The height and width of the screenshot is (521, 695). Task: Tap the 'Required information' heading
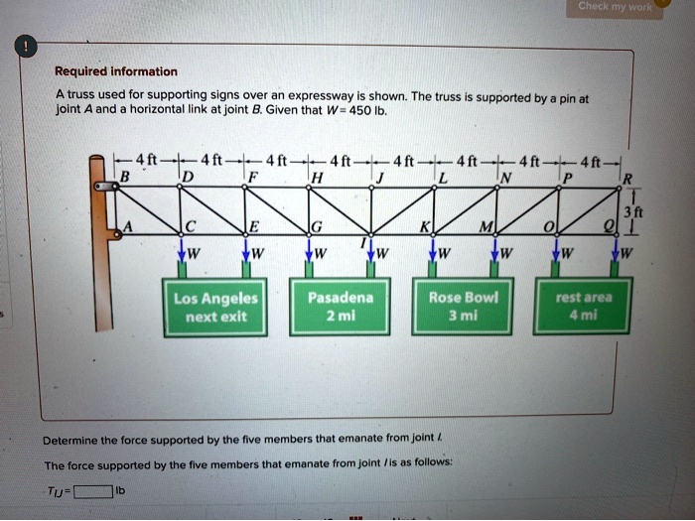(116, 71)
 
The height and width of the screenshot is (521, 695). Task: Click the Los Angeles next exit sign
(215, 307)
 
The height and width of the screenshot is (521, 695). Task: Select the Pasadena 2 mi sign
(341, 307)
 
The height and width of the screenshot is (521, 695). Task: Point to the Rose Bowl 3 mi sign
(465, 307)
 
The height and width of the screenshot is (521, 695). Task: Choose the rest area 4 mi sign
(586, 307)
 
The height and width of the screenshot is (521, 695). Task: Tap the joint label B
(124, 177)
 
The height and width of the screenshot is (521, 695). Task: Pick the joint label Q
(609, 229)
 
